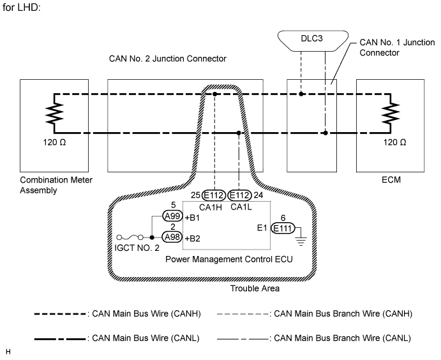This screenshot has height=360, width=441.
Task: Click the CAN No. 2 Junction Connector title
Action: (168, 59)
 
